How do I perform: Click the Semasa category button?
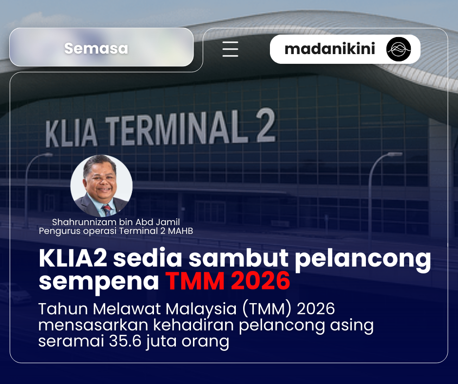coord(96,48)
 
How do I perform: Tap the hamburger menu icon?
coord(230,49)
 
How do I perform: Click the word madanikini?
coord(330,49)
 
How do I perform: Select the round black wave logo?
coord(399,49)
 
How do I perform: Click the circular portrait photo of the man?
coord(102,186)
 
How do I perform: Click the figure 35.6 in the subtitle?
coord(126,341)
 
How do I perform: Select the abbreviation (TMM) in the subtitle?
coord(266,309)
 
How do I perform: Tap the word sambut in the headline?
coord(228,259)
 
